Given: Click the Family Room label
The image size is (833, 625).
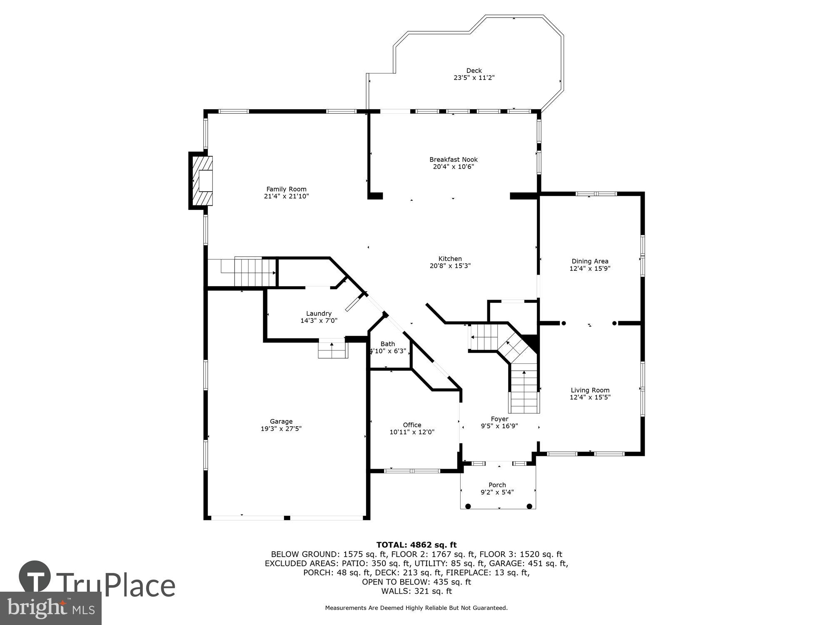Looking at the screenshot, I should [286, 189].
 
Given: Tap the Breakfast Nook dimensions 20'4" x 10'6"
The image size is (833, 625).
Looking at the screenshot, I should [453, 167].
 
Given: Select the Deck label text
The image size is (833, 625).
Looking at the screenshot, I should [474, 71].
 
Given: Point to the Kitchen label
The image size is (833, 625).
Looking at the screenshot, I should [450, 259].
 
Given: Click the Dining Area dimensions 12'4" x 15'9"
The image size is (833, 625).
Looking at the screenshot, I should [590, 269].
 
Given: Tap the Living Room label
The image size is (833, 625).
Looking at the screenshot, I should [590, 390].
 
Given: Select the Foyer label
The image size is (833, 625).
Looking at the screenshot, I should [499, 419].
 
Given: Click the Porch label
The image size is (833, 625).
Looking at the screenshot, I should [497, 485].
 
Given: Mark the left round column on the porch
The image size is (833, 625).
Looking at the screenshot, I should [468, 506].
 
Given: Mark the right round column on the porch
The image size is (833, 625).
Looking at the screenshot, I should [529, 506].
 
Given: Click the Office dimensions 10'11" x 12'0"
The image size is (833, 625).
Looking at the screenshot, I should [412, 432].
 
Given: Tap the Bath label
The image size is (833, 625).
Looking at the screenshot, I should [387, 344].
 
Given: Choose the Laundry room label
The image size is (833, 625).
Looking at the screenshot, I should [319, 313].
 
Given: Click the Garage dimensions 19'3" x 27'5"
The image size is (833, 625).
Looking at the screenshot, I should [281, 428].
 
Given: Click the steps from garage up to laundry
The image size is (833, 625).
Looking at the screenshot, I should [332, 349].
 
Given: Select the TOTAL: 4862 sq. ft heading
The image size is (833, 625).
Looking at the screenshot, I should [416, 545].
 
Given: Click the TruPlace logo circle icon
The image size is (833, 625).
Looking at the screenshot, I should [35, 577].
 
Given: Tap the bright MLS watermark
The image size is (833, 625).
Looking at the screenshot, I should [51, 608].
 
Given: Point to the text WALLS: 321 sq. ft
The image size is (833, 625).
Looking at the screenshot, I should [416, 591].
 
